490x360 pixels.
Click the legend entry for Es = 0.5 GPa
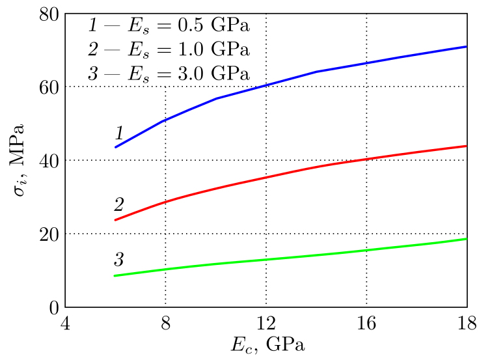coord(169,26)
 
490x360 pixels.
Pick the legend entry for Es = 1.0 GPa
coord(169,49)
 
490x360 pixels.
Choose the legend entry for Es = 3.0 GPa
coord(169,73)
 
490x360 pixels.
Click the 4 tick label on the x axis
coord(65,323)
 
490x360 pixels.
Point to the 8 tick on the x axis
coord(166,323)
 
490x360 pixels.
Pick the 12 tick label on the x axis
coord(266,323)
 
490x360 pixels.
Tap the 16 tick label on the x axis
coord(367,323)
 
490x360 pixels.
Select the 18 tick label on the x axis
coord(467,323)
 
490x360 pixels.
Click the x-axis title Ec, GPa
coord(266,344)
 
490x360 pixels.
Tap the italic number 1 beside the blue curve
coord(119,134)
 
